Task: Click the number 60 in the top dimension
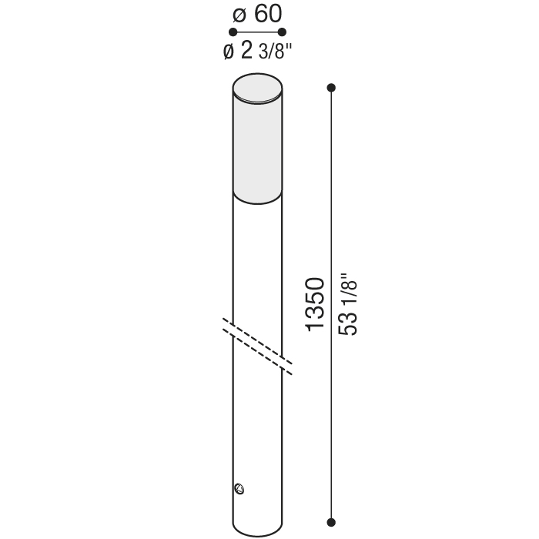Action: pyautogui.click(x=268, y=14)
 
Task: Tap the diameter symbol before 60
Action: pyautogui.click(x=239, y=15)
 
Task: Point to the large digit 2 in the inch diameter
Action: pyautogui.click(x=246, y=50)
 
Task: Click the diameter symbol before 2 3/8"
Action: pyautogui.click(x=229, y=52)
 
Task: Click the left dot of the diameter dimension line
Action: pyautogui.click(x=233, y=32)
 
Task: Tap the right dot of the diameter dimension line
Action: pyautogui.click(x=282, y=32)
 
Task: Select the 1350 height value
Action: pyautogui.click(x=315, y=305)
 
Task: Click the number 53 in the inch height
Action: pyautogui.click(x=348, y=323)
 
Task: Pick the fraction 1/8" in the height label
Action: pyautogui.click(x=348, y=291)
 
